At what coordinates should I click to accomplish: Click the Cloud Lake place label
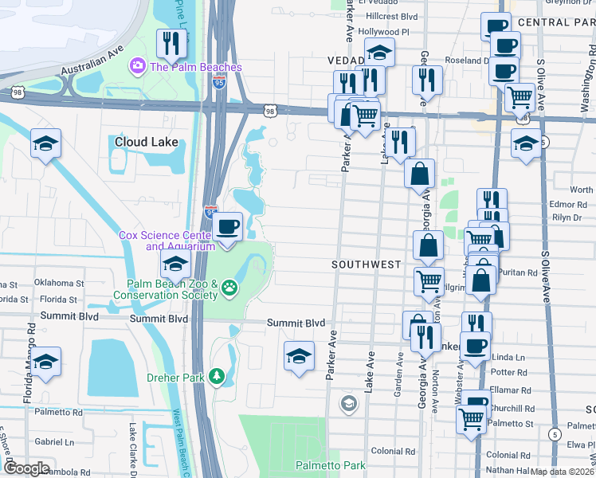click(x=145, y=142)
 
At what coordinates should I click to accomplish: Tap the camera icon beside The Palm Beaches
click(x=137, y=65)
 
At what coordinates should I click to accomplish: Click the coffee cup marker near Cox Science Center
click(x=229, y=227)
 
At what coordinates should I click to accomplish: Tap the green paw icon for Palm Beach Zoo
click(x=229, y=286)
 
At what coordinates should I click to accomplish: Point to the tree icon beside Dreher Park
click(x=216, y=375)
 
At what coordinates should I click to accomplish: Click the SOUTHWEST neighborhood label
click(x=367, y=264)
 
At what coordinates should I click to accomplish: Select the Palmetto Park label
click(x=330, y=465)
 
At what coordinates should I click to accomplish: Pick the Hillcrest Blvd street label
click(x=388, y=16)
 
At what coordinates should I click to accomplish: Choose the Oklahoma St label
click(x=57, y=283)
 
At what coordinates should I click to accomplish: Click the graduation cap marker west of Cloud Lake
click(x=46, y=144)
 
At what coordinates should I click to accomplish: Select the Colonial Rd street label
click(x=389, y=451)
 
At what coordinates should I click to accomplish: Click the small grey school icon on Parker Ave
click(x=348, y=404)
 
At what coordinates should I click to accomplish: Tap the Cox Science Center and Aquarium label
click(x=167, y=241)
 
